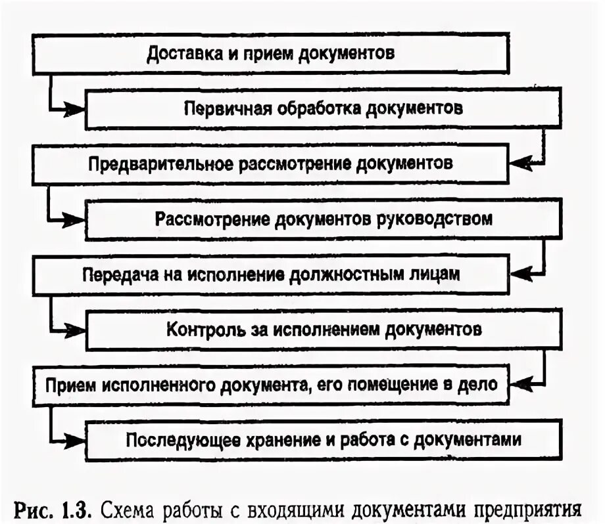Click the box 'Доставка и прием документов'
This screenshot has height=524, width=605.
(x=271, y=54)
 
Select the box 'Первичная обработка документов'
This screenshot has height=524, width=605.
(x=323, y=108)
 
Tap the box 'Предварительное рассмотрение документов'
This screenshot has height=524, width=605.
(x=271, y=163)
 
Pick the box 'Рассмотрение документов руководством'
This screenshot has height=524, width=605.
(x=323, y=218)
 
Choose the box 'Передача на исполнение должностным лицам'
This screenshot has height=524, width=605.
(x=271, y=274)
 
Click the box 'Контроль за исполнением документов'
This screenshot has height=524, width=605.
(x=323, y=329)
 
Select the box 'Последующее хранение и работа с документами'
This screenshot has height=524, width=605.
(x=323, y=439)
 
